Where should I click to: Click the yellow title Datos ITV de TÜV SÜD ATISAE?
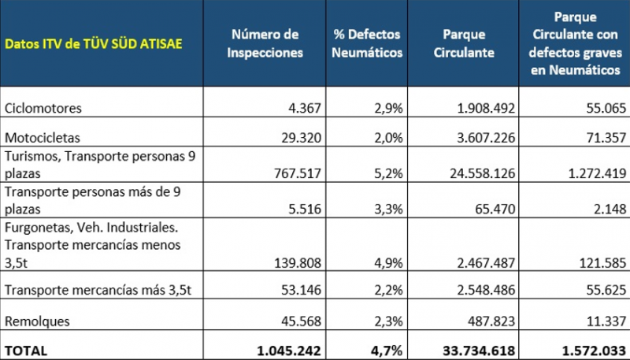pos(94,44)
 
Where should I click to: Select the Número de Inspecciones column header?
pos(265,43)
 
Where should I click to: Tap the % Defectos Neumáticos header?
pos(367,43)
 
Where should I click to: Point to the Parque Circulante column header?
pos(464,43)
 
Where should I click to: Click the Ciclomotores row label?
pos(43,108)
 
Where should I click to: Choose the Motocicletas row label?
pos(43,138)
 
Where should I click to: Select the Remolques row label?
pos(37,321)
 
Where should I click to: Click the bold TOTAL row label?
pos(26,351)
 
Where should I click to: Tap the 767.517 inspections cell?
pos(298,173)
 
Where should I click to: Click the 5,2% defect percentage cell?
pos(388,173)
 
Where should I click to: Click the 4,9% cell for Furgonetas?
pos(388,263)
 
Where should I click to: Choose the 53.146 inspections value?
pos(301,290)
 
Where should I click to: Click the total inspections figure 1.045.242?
pos(289,351)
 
